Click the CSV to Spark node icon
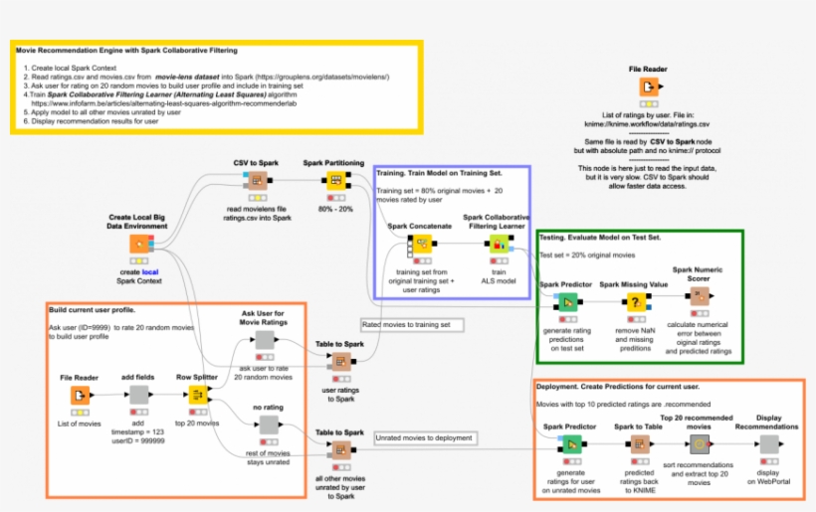(257, 181)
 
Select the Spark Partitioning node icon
(334, 181)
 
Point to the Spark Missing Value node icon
(631, 303)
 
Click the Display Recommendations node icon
(768, 444)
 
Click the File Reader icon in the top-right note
(648, 86)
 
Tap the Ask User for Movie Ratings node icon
(264, 341)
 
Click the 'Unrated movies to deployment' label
(421, 436)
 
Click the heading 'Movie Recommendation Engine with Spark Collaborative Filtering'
(124, 50)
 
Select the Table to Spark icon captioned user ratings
(340, 361)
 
